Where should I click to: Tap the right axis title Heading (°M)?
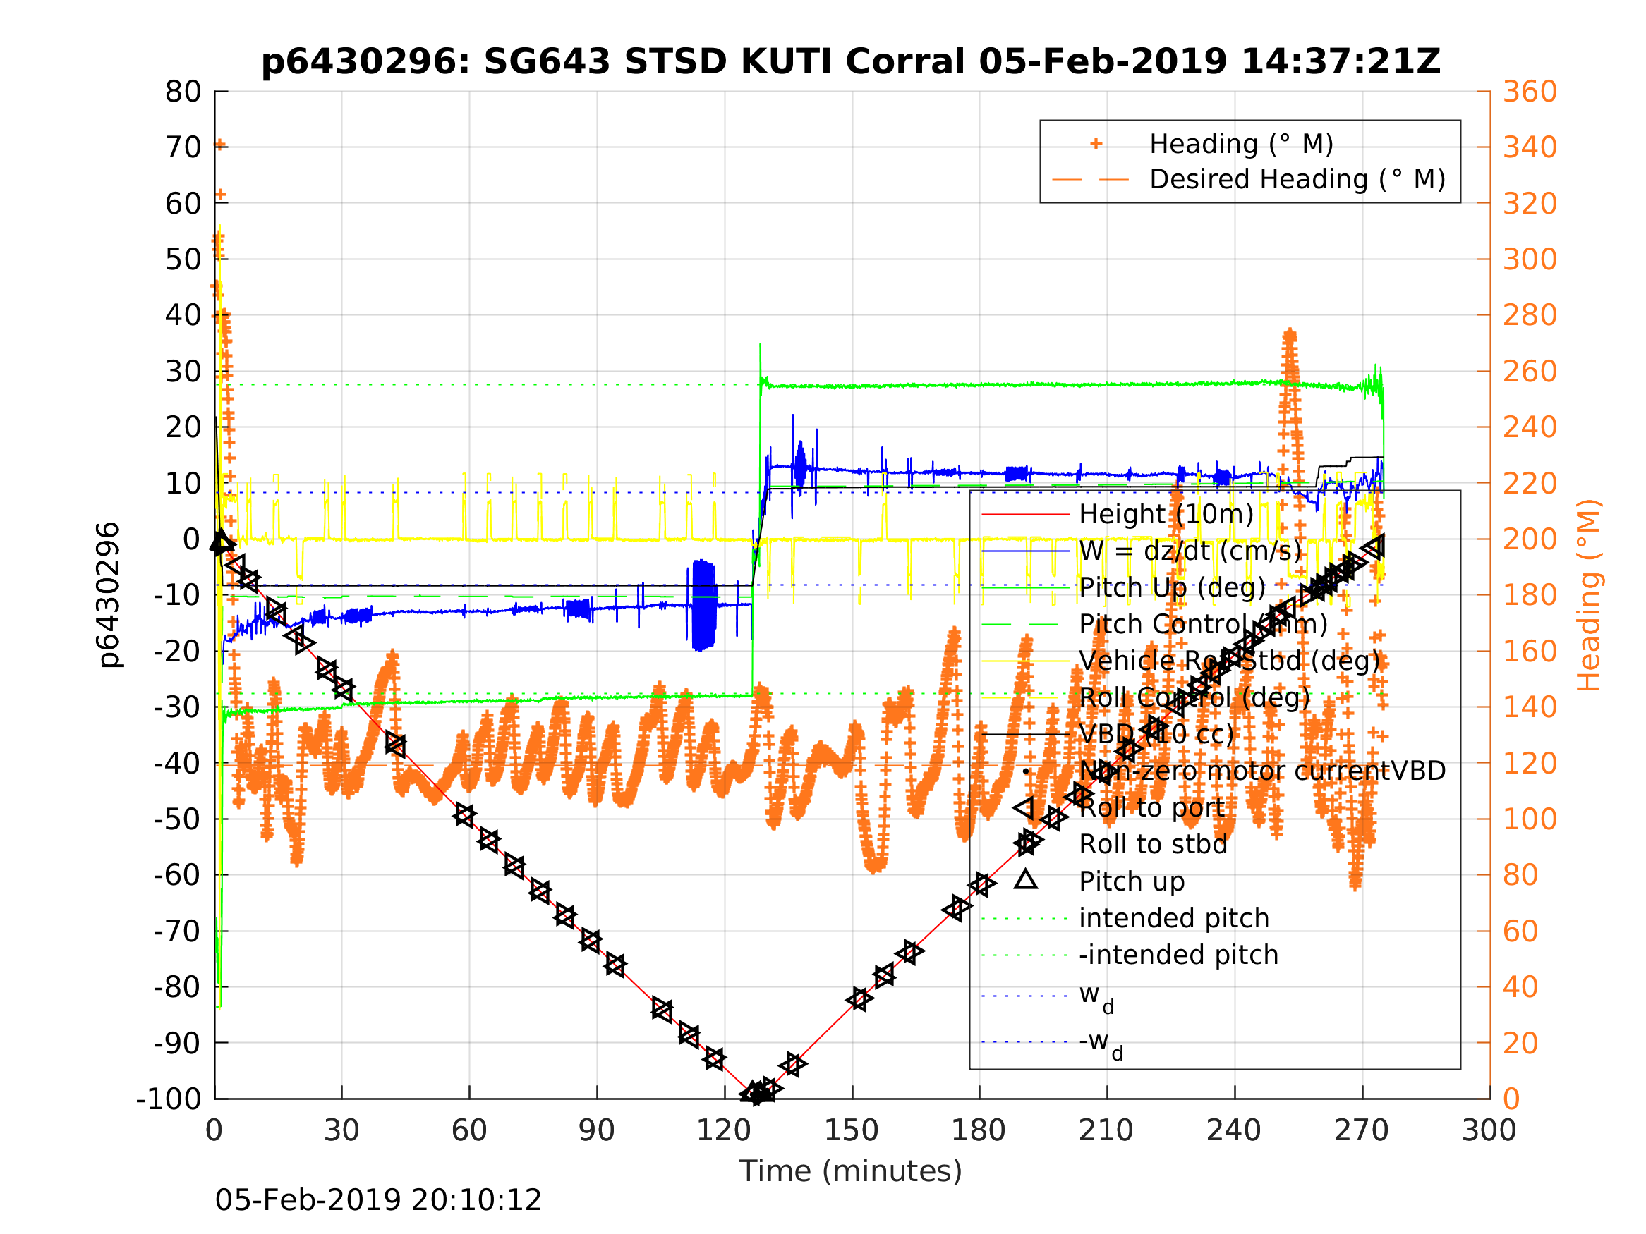(1588, 595)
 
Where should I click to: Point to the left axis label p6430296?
(109, 595)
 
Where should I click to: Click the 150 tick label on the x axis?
(852, 1131)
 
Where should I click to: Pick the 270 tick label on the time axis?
(1361, 1131)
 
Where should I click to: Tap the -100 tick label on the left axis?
(168, 1099)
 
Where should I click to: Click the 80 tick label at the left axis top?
(183, 92)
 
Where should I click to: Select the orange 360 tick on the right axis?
(1529, 92)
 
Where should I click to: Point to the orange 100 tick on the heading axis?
(1529, 819)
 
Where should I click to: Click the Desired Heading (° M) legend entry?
(1297, 179)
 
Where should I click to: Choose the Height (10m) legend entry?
(1166, 514)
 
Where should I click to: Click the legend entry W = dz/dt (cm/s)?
(1190, 551)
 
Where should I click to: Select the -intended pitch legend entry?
(1179, 955)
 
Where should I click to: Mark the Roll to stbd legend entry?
(1153, 845)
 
